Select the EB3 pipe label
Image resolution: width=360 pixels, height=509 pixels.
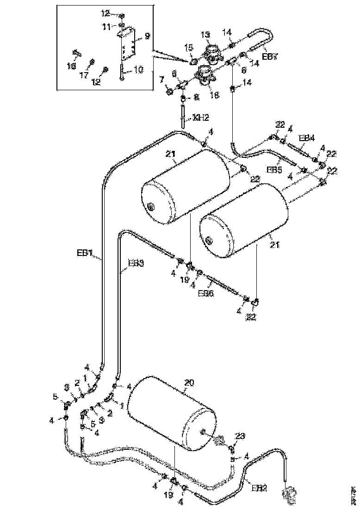point(136,263)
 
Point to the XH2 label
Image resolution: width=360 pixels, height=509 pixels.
point(200,118)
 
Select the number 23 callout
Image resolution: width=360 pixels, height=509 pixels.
point(240,436)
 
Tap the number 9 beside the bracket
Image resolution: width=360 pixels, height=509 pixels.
point(147,35)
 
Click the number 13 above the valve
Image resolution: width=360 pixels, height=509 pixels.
point(205,35)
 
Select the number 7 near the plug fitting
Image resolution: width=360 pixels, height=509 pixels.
point(162,81)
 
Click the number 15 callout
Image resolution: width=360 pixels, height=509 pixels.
point(189,48)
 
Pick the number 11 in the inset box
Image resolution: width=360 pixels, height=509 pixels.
point(107,27)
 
